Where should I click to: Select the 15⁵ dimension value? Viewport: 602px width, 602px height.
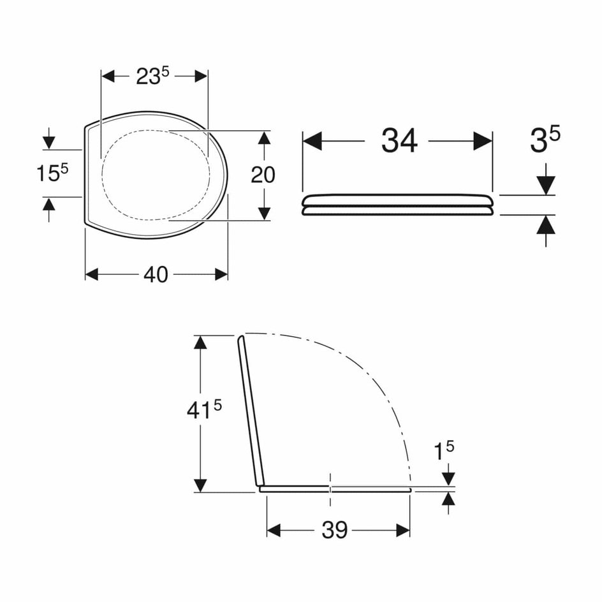pyautogui.click(x=52, y=173)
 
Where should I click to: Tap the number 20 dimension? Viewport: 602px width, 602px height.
pyautogui.click(x=263, y=175)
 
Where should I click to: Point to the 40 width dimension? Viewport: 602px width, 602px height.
pyautogui.click(x=156, y=275)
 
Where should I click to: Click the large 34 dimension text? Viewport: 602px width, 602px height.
pyautogui.click(x=399, y=141)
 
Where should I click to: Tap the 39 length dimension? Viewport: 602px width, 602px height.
pyautogui.click(x=334, y=530)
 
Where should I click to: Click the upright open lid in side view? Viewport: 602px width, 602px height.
pyautogui.click(x=251, y=411)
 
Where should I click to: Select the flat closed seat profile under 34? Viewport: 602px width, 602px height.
pyautogui.click(x=398, y=205)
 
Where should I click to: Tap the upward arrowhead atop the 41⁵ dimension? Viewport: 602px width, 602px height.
pyautogui.click(x=200, y=342)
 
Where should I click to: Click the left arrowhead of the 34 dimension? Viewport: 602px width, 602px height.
pyautogui.click(x=311, y=141)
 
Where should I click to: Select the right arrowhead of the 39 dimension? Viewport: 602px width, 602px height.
pyautogui.click(x=403, y=530)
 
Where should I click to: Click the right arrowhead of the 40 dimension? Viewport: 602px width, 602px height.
pyautogui.click(x=221, y=274)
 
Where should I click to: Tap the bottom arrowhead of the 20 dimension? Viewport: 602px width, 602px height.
pyautogui.click(x=263, y=214)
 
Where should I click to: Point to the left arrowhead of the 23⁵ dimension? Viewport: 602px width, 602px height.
pyautogui.click(x=108, y=77)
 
